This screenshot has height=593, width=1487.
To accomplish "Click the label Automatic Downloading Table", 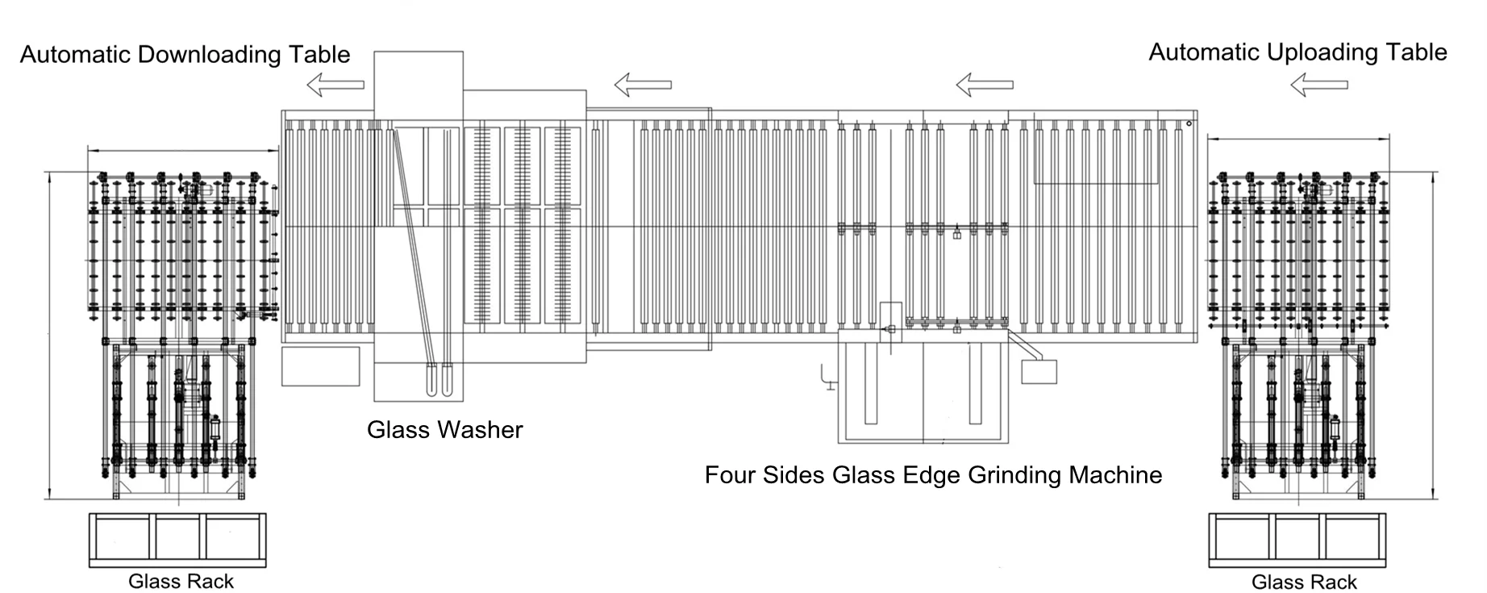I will coord(185,55).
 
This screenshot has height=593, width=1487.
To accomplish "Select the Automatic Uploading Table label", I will coord(1297,52).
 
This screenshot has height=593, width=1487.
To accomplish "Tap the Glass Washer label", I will coord(444,429).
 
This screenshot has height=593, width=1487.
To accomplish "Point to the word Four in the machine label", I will coord(726,474).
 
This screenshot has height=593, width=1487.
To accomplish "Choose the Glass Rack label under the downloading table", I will coord(181,581).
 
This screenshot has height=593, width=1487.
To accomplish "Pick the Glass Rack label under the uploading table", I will coord(1304,582).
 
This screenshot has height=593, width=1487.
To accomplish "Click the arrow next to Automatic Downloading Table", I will coord(335,84).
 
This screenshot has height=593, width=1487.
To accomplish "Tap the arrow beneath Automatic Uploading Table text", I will coord(1318,84).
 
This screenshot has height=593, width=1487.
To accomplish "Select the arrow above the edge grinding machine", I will coord(984,84).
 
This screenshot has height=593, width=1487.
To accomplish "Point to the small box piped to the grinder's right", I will coord(1039,371).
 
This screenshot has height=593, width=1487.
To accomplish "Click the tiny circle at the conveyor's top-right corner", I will coord(1189,123).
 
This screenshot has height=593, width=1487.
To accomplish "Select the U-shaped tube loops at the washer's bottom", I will coord(439,380).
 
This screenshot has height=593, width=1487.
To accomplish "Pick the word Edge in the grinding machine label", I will coord(938,474).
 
